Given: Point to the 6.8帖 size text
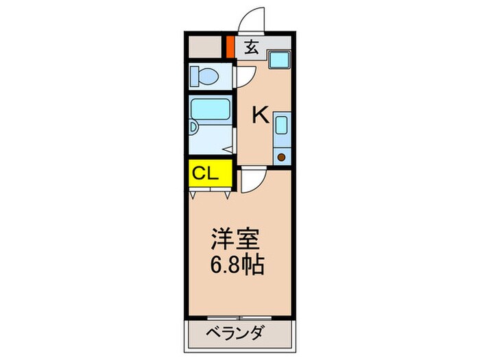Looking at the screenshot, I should [x=237, y=265].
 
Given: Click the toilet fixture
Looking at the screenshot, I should [x=204, y=75].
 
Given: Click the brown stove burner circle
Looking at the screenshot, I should [x=281, y=156].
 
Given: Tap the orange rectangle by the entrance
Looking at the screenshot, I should [x=230, y=47].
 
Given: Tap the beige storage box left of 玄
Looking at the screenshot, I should [x=206, y=47].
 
